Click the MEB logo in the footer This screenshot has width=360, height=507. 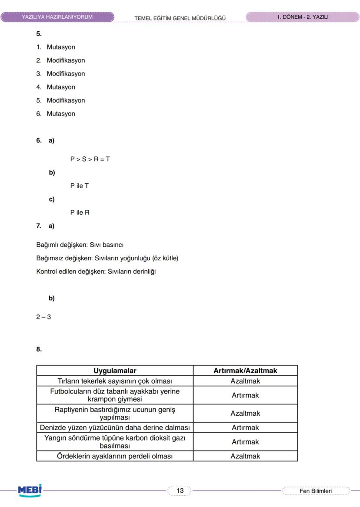(x=30, y=490)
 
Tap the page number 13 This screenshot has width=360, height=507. (x=180, y=490)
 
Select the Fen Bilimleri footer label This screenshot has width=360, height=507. (x=316, y=491)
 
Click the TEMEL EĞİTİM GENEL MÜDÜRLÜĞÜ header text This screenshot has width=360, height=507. (x=180, y=18)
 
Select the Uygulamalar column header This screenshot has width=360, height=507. (x=115, y=371)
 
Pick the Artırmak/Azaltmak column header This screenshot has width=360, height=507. (x=245, y=371)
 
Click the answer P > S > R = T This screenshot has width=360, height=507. (x=90, y=159)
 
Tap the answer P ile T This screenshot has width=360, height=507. (x=80, y=186)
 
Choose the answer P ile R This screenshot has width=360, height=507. (x=80, y=212)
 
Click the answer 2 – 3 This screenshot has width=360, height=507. (x=43, y=317)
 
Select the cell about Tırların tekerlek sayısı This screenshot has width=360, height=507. (x=115, y=381)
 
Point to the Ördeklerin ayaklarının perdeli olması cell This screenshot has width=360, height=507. (x=115, y=456)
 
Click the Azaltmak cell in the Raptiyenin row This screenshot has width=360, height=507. (x=245, y=413)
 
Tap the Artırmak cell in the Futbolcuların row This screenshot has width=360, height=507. (x=245, y=395)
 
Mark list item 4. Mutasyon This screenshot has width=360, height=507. (x=56, y=87)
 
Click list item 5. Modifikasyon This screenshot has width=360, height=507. (x=61, y=100)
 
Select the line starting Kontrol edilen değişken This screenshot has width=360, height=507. (x=96, y=272)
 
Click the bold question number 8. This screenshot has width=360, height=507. (x=39, y=349)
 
